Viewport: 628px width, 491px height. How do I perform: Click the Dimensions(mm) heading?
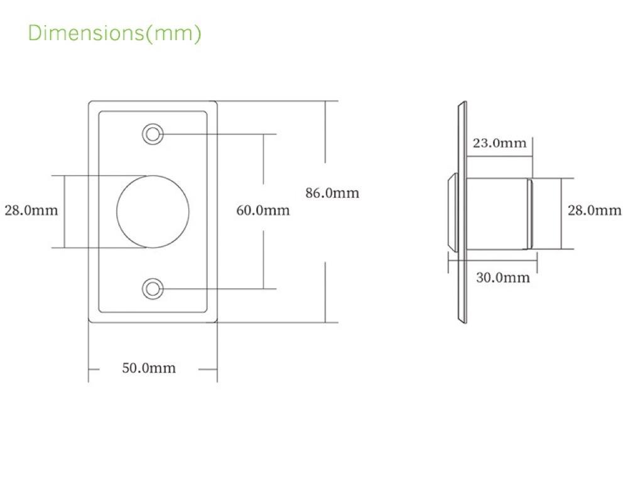[114, 33]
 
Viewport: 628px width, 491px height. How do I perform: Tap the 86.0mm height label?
[332, 193]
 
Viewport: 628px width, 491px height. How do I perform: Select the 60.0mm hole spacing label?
[263, 210]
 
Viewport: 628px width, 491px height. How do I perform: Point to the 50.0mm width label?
[149, 368]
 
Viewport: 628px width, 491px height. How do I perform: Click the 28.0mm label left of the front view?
[31, 210]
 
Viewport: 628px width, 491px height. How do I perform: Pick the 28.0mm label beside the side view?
[594, 210]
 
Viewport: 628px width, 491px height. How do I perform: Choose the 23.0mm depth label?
[499, 143]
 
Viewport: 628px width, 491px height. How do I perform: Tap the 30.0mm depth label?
[502, 278]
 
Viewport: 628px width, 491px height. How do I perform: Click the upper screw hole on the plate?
[153, 134]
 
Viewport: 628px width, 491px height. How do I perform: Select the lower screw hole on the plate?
[153, 289]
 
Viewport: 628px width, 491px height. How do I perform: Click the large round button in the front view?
[153, 212]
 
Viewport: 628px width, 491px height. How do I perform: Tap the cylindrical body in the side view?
[497, 214]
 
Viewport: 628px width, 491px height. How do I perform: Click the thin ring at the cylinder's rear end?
[529, 214]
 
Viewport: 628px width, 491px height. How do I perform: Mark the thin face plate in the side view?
[463, 212]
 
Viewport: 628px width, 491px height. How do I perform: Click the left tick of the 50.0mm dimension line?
[94, 369]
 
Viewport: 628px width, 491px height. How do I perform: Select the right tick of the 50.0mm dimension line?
[208, 369]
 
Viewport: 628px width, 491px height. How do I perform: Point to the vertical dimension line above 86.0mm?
[325, 132]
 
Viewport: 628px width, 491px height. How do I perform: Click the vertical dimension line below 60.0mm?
[263, 259]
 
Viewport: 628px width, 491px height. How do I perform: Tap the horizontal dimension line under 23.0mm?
[500, 156]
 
